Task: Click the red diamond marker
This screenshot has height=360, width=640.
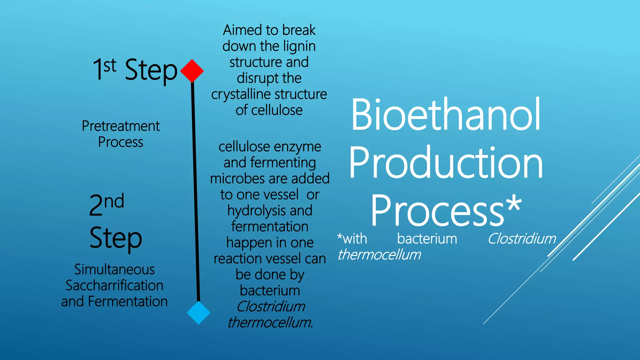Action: [x=192, y=71]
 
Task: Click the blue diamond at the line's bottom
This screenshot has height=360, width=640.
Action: [x=198, y=312]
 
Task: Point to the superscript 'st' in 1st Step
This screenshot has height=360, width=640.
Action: [x=110, y=66]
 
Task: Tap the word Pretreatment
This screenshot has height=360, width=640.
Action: [x=121, y=126]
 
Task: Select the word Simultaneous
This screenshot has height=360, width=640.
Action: [x=114, y=270]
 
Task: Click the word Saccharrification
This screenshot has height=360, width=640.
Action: [x=114, y=286]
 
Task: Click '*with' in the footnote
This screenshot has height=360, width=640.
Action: [x=352, y=239]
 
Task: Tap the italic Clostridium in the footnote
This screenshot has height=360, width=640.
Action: [x=522, y=239]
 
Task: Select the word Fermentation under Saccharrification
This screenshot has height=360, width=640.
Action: [x=128, y=302]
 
